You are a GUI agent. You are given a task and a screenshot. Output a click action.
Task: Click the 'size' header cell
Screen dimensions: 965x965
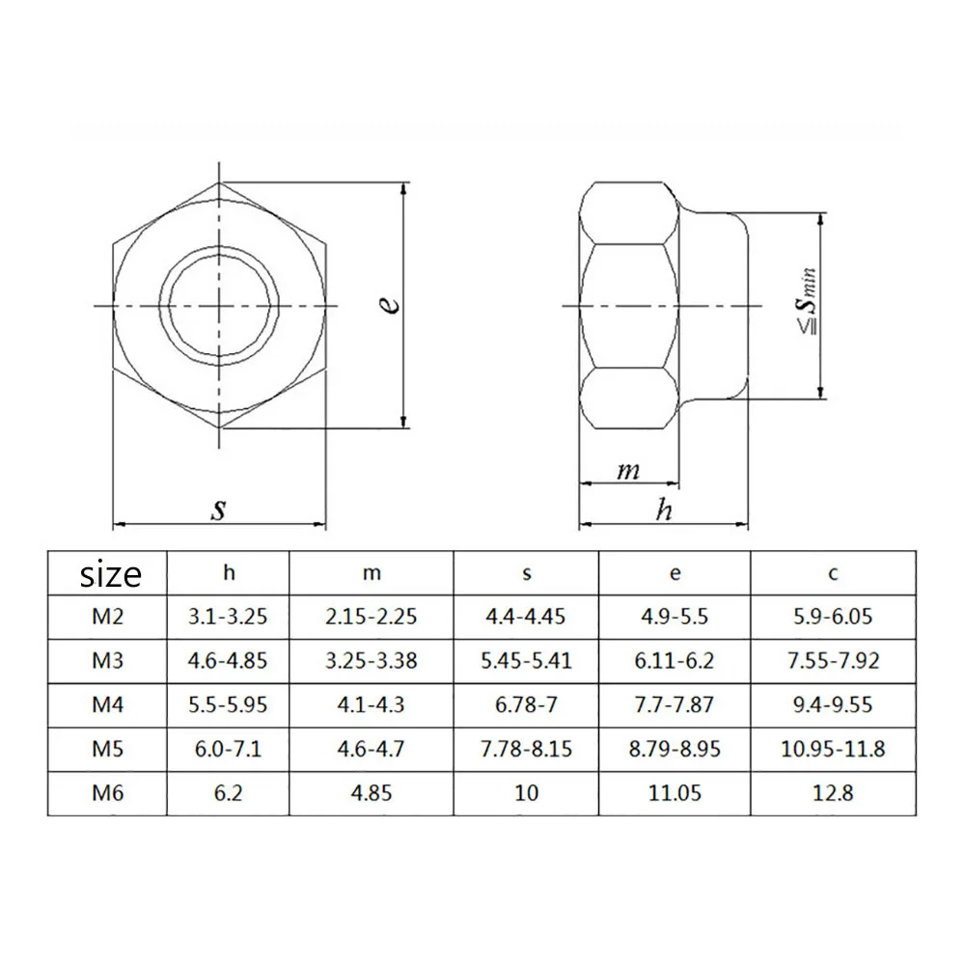click(110, 573)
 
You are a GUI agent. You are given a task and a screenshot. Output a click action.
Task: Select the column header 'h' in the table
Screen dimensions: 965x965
click(229, 572)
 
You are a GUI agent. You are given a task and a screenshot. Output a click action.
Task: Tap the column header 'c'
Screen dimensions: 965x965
click(833, 572)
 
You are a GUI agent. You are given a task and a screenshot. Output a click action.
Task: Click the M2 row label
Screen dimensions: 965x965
click(107, 616)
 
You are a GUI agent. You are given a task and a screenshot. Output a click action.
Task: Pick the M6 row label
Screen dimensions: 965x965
click(107, 793)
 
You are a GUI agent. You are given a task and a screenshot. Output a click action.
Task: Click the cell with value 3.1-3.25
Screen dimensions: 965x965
click(229, 616)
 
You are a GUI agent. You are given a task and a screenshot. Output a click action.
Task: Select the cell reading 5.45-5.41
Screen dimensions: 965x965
click(526, 661)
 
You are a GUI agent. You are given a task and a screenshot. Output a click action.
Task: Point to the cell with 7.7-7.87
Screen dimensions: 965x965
click(675, 705)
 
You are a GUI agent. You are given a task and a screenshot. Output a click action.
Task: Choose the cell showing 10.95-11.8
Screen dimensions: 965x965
click(833, 749)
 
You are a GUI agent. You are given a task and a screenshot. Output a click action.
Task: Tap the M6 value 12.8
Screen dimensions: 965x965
click(833, 793)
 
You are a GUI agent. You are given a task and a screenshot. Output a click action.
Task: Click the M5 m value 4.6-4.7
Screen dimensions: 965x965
click(372, 749)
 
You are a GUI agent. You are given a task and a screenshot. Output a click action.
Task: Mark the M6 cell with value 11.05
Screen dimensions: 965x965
click(675, 793)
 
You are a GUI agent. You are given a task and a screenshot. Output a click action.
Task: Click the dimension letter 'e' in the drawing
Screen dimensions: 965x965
click(388, 305)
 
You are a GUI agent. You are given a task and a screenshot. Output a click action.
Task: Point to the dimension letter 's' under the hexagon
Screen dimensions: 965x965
click(219, 508)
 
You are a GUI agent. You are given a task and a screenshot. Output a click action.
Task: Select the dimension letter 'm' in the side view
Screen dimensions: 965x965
click(628, 471)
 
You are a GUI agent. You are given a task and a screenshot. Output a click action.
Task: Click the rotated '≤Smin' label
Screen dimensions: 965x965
click(807, 303)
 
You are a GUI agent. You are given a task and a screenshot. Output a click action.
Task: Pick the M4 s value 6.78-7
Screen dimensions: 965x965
click(526, 705)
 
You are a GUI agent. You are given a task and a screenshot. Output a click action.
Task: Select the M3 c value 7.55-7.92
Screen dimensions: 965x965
click(833, 661)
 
